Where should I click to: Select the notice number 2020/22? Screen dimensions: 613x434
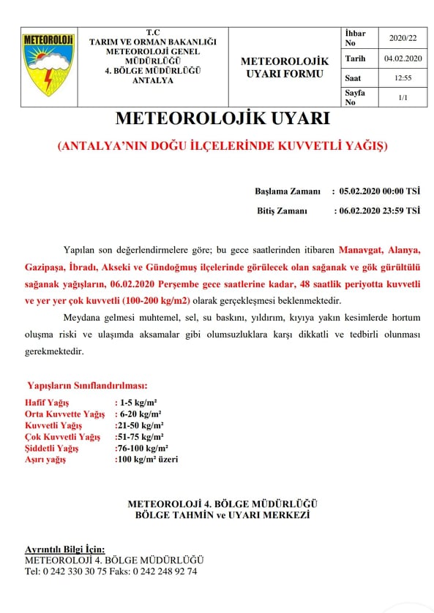click(402, 38)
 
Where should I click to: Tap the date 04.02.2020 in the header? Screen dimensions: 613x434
click(402, 58)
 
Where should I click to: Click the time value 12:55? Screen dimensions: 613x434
click(402, 77)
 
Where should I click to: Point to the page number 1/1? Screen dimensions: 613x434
click(402, 96)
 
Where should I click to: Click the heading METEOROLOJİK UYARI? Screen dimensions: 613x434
click(222, 118)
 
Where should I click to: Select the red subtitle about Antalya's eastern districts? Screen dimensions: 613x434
click(222, 146)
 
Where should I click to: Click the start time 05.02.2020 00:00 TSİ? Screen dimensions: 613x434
click(379, 191)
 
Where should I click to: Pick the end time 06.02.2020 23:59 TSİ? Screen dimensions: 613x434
click(379, 210)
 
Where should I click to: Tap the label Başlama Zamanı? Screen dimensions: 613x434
click(288, 191)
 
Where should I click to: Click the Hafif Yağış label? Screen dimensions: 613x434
click(49, 403)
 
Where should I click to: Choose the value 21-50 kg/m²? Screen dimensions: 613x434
click(140, 425)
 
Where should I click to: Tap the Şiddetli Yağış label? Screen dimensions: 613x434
click(51, 448)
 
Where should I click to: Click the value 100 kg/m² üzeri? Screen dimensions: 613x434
click(146, 460)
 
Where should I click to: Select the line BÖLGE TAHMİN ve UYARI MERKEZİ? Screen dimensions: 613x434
click(222, 515)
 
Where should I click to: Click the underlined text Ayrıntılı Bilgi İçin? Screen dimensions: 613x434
click(64, 549)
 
